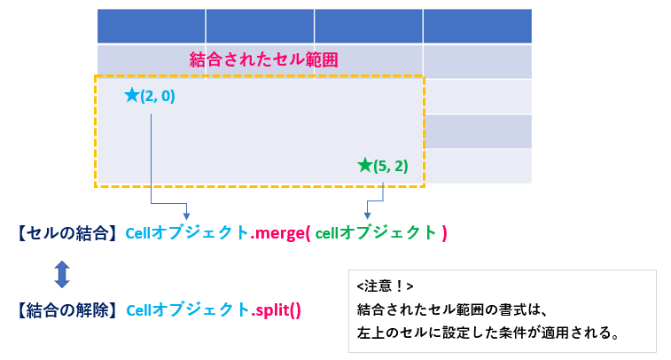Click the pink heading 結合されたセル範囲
(263, 59)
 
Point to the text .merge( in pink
(280, 233)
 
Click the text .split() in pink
(276, 310)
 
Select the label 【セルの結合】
(66, 233)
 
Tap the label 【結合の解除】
(66, 310)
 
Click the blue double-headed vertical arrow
(62, 274)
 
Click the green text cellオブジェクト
(376, 233)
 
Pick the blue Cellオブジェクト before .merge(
(187, 233)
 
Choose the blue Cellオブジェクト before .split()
(188, 310)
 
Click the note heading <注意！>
(386, 286)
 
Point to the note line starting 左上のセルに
(488, 333)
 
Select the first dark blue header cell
(151, 26)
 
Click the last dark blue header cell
(478, 26)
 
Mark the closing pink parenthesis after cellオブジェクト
(444, 233)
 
